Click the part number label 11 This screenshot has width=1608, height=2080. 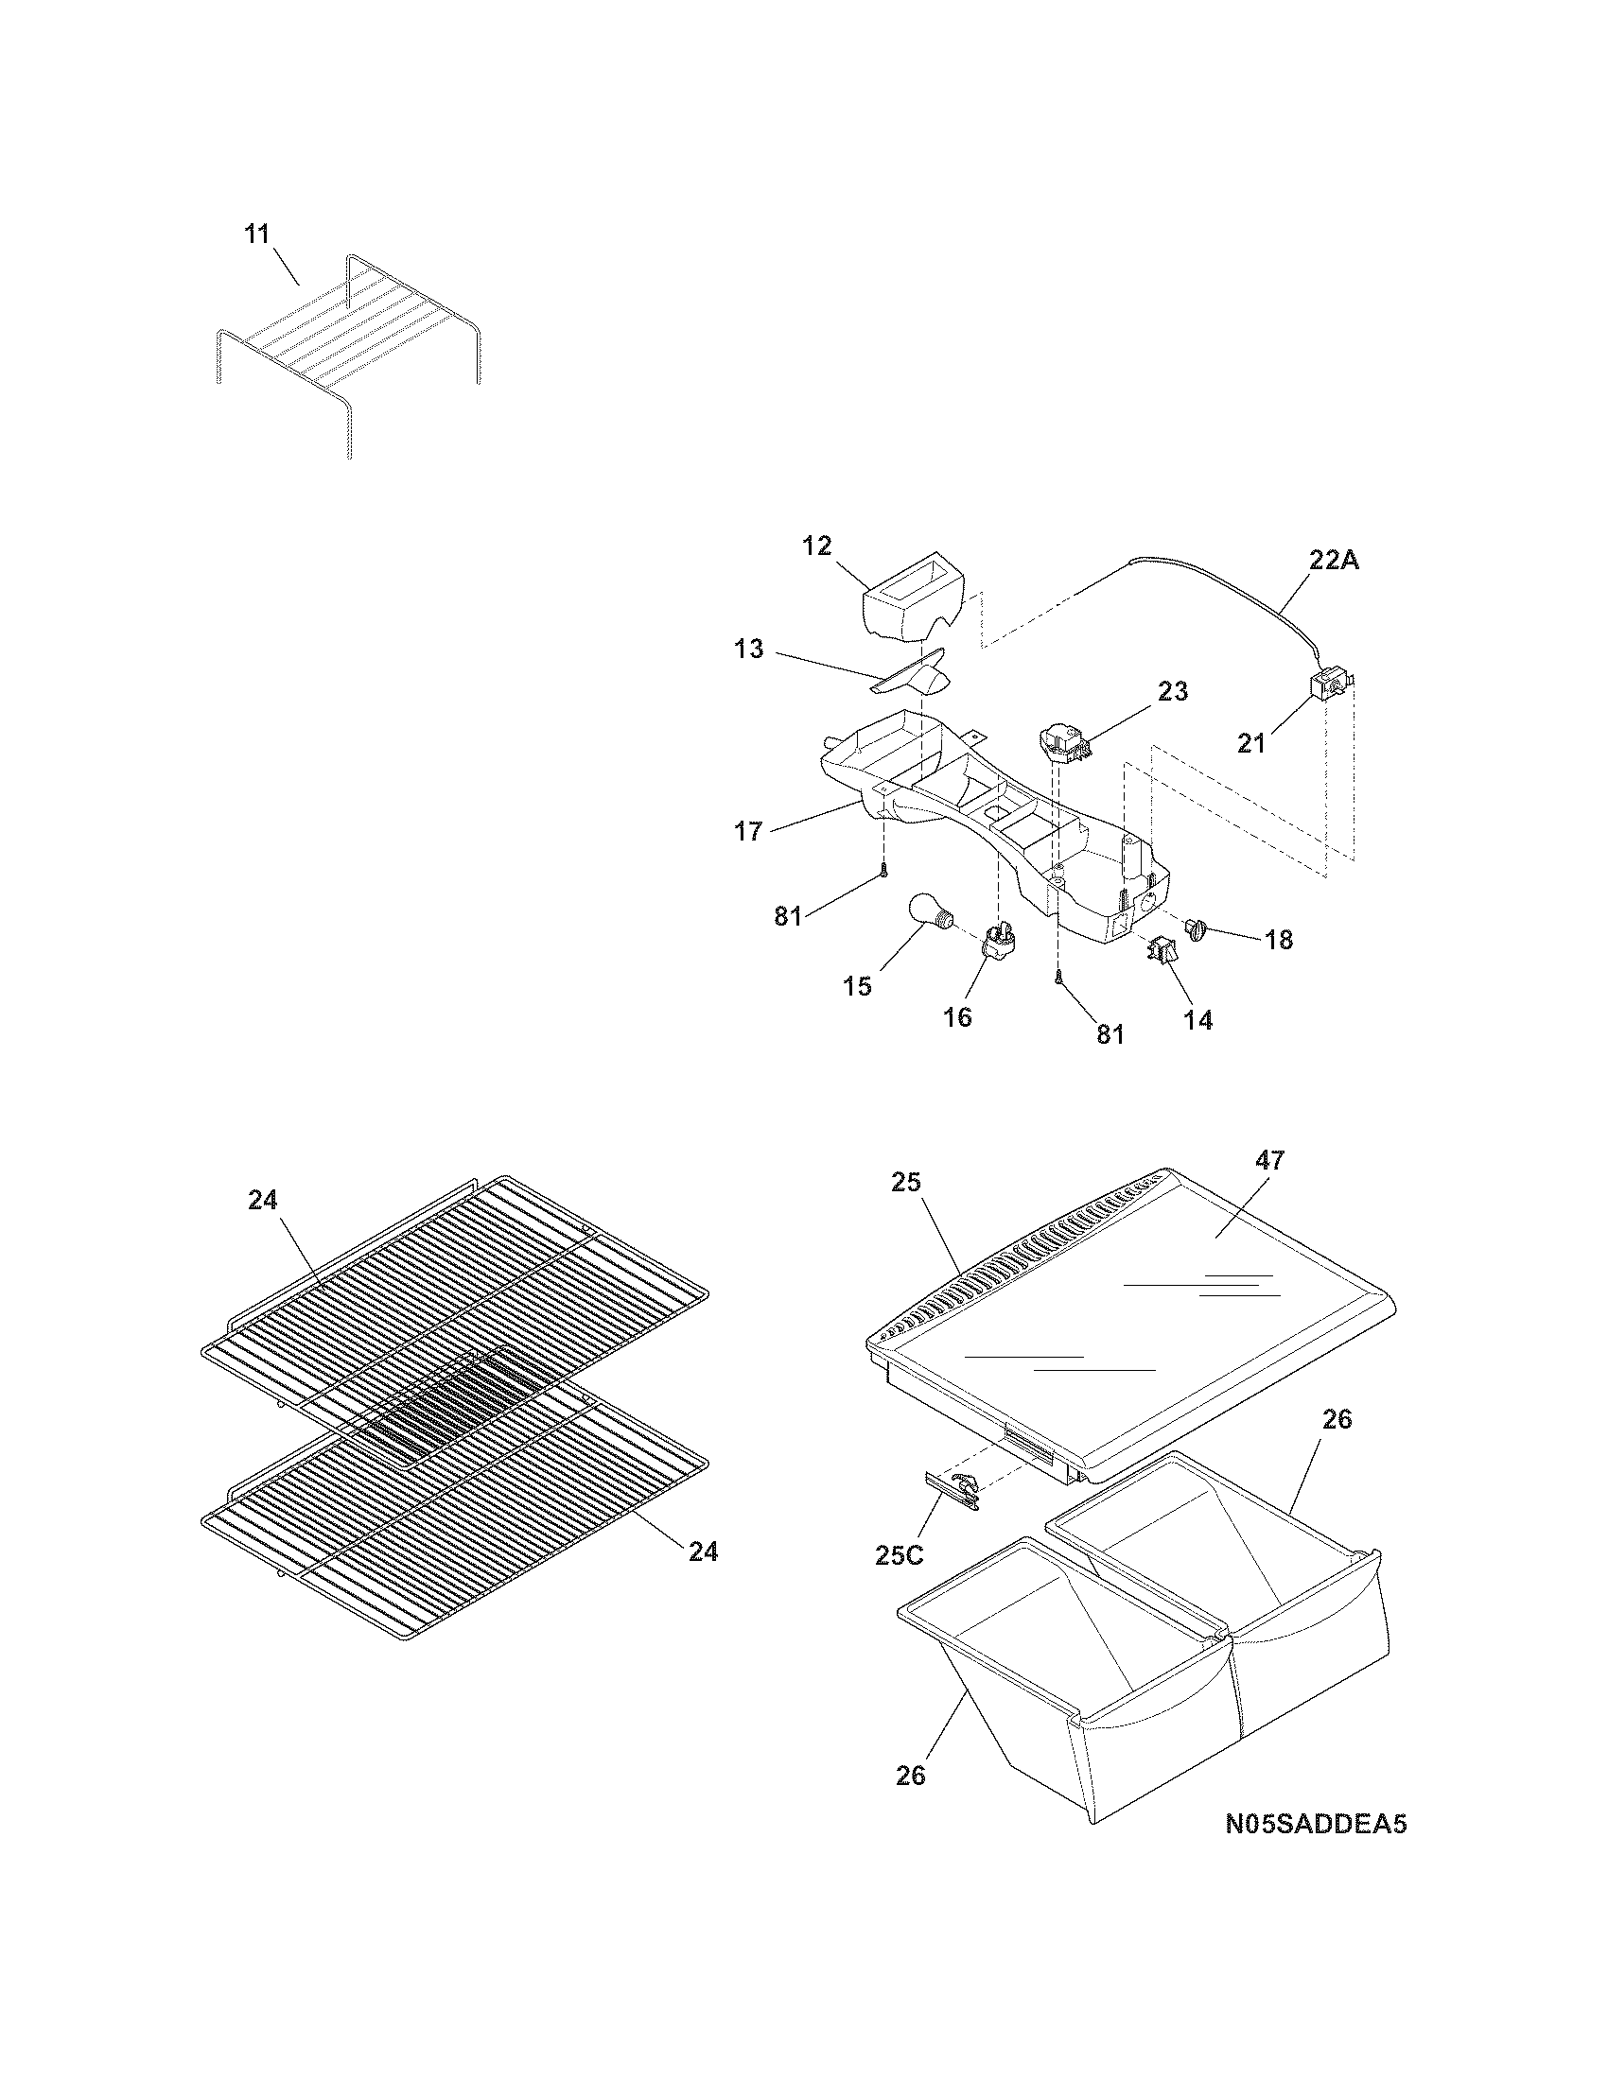pyautogui.click(x=257, y=234)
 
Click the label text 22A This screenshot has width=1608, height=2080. pyautogui.click(x=1333, y=561)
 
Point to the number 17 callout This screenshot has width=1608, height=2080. pyautogui.click(x=748, y=831)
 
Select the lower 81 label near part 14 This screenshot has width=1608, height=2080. pyautogui.click(x=1110, y=1034)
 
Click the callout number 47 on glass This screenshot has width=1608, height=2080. pyautogui.click(x=1269, y=1160)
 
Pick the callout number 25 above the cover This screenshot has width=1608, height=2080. pyautogui.click(x=906, y=1182)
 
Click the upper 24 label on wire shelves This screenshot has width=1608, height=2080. pyautogui.click(x=263, y=1201)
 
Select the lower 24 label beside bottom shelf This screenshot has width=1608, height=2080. pyautogui.click(x=703, y=1551)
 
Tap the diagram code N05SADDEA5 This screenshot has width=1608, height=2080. pyautogui.click(x=1316, y=1825)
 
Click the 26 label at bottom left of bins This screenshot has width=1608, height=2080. pyautogui.click(x=911, y=1776)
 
